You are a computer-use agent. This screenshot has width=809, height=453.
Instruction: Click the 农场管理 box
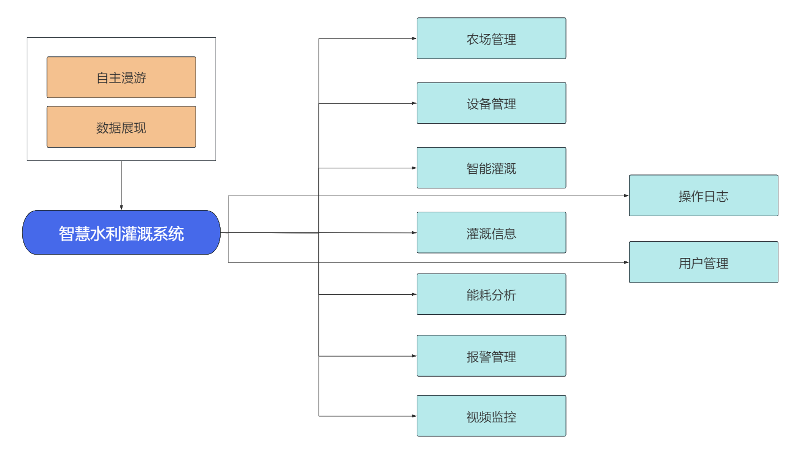491,38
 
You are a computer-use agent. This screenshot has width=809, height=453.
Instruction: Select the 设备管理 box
491,103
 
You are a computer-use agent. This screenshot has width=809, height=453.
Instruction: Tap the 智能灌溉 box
491,168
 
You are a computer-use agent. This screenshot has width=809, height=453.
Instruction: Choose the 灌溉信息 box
491,232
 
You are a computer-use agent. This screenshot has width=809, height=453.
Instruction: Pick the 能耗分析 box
491,294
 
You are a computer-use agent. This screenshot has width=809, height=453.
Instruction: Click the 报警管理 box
491,356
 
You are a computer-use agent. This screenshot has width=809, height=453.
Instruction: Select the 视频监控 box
491,416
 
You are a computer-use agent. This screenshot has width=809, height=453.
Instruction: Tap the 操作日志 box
703,196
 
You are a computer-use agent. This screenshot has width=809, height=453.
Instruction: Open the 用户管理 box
703,262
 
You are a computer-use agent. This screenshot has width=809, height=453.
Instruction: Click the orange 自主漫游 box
121,77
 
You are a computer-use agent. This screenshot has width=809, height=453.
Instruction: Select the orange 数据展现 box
121,127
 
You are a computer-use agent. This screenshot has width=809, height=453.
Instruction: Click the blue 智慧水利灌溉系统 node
121,232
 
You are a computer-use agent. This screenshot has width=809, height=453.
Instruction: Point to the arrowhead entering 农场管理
414,38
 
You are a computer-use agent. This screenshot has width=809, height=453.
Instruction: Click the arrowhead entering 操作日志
626,196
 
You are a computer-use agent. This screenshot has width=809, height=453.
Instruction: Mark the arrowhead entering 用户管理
626,262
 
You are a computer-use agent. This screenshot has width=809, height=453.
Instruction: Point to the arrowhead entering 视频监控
414,416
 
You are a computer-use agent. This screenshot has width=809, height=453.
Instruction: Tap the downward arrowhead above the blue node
121,207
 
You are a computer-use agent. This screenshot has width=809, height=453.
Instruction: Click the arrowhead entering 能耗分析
414,294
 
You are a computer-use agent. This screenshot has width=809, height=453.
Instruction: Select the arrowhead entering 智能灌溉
414,168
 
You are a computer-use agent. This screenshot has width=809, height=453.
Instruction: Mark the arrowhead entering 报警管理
414,356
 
